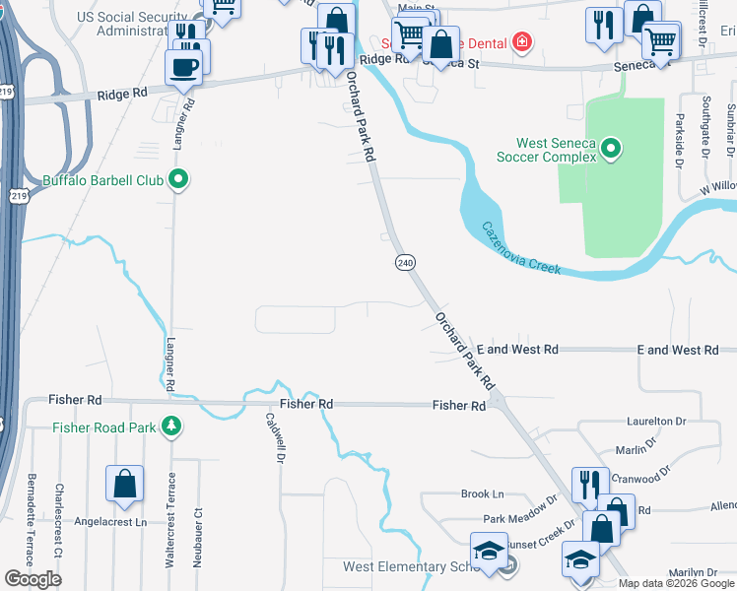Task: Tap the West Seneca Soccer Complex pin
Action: [x=611, y=150]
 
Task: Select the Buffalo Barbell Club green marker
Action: [x=178, y=180]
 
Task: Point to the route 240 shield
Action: [x=405, y=262]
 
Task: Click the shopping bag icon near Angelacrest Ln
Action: [x=124, y=483]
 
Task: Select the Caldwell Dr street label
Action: [x=277, y=438]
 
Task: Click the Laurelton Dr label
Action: [x=656, y=421]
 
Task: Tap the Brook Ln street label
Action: [x=482, y=493]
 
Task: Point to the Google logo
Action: [x=33, y=579]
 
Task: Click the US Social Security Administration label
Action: [x=139, y=25]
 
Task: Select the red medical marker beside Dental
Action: [x=520, y=43]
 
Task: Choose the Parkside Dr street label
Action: [x=680, y=138]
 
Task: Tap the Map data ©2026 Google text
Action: [x=676, y=582]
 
